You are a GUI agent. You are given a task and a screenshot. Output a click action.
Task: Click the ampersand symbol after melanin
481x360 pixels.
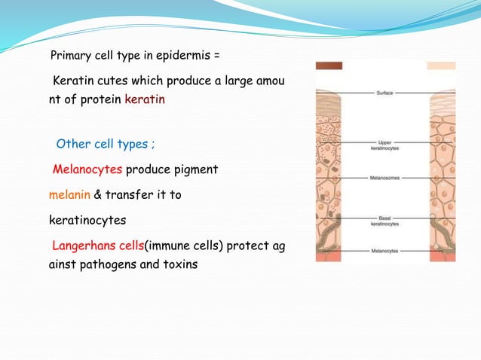[98, 195]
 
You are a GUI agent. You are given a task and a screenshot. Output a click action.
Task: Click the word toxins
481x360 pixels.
[179, 265]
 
